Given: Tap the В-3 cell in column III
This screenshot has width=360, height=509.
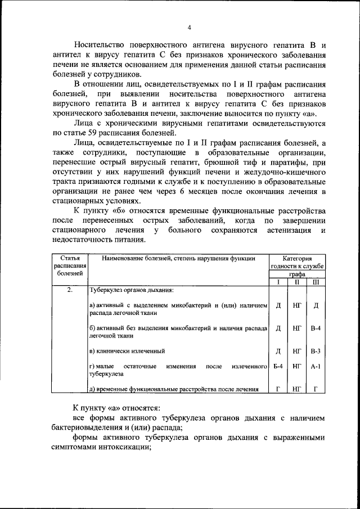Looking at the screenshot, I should tap(316, 351).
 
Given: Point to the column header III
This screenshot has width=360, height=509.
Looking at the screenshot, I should tap(316, 282).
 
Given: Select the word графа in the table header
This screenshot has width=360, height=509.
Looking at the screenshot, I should tap(297, 274).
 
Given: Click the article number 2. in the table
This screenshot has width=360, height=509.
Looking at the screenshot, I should tap(70, 290).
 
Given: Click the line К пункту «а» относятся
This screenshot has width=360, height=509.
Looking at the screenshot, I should tap(116, 407).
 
